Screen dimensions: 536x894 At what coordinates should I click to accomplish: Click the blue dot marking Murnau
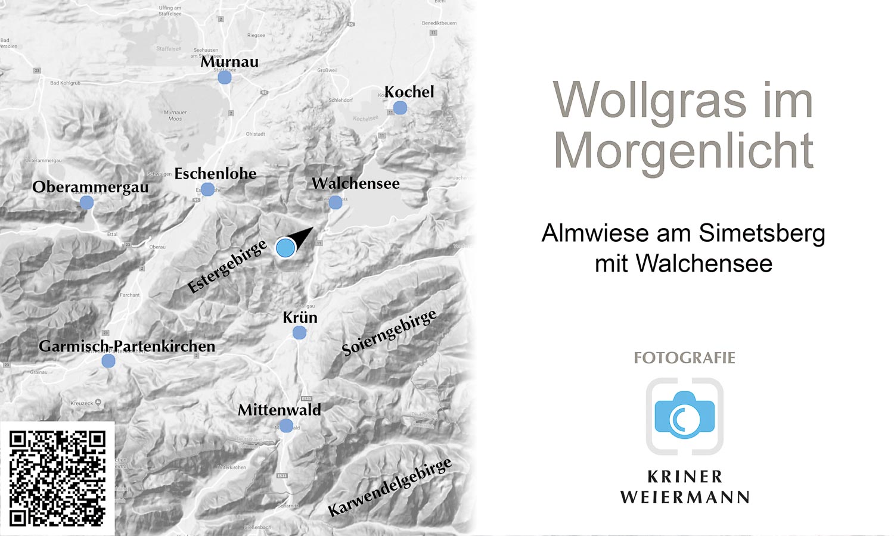(x=225, y=77)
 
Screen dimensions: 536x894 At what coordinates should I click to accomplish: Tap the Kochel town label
(x=409, y=92)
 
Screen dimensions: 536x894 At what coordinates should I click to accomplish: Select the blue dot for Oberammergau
(x=86, y=202)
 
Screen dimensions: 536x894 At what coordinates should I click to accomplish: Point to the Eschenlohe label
(x=215, y=174)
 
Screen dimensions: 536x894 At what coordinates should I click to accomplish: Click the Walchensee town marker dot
(x=336, y=202)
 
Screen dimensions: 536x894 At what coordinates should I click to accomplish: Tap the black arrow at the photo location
(x=302, y=237)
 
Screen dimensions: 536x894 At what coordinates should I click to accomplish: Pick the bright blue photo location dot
(x=285, y=247)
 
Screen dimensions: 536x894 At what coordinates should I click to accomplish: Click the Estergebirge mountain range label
(x=226, y=267)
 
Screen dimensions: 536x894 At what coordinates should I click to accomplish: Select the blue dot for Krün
(x=299, y=332)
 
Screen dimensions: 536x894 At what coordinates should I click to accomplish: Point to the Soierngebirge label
(x=389, y=332)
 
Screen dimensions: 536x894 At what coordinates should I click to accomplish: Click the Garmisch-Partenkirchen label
(x=127, y=346)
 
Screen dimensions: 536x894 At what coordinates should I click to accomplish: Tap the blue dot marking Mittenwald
(x=286, y=426)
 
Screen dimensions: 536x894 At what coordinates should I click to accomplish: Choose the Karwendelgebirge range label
(x=390, y=488)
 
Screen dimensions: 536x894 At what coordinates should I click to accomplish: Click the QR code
(x=57, y=479)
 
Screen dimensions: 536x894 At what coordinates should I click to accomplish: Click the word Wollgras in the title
(x=650, y=101)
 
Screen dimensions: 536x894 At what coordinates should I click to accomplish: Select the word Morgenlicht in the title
(x=684, y=151)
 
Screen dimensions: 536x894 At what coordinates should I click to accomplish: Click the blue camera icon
(x=685, y=415)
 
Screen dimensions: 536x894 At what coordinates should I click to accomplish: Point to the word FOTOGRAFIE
(x=684, y=358)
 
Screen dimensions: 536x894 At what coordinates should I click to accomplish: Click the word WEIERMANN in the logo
(x=685, y=497)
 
